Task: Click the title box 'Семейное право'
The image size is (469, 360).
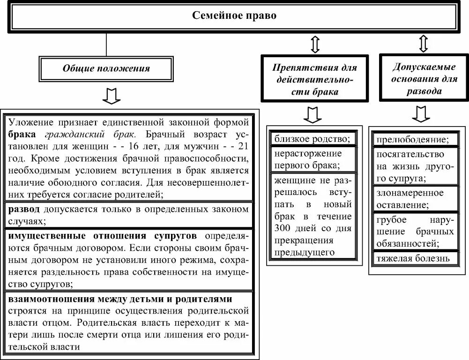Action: [x=234, y=16]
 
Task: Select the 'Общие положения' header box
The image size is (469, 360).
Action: [x=106, y=68]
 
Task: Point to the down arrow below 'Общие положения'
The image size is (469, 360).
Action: [x=111, y=95]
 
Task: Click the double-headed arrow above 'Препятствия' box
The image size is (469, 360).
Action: [x=315, y=45]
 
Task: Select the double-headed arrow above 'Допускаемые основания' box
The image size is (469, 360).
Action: [x=424, y=44]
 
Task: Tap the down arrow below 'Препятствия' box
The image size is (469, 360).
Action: [x=312, y=114]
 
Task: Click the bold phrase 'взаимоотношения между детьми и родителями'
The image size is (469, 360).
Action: [x=120, y=299]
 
